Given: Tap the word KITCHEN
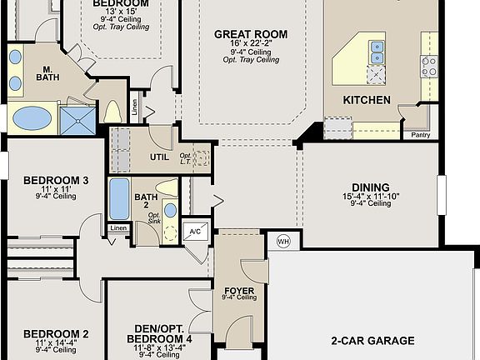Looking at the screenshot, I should click(367, 100).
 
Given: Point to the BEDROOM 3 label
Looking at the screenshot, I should click(56, 180).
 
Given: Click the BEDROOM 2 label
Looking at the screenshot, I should click(56, 334).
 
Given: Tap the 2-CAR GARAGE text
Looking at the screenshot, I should click(372, 341).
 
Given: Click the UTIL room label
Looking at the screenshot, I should click(159, 157).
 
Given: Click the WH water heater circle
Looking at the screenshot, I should click(282, 241).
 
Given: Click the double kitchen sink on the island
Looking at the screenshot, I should click(377, 52).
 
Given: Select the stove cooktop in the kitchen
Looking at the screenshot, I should click(430, 66).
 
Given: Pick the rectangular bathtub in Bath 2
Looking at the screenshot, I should click(119, 199).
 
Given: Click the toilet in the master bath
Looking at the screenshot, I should click(113, 112).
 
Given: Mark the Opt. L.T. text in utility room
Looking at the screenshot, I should click(186, 158).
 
